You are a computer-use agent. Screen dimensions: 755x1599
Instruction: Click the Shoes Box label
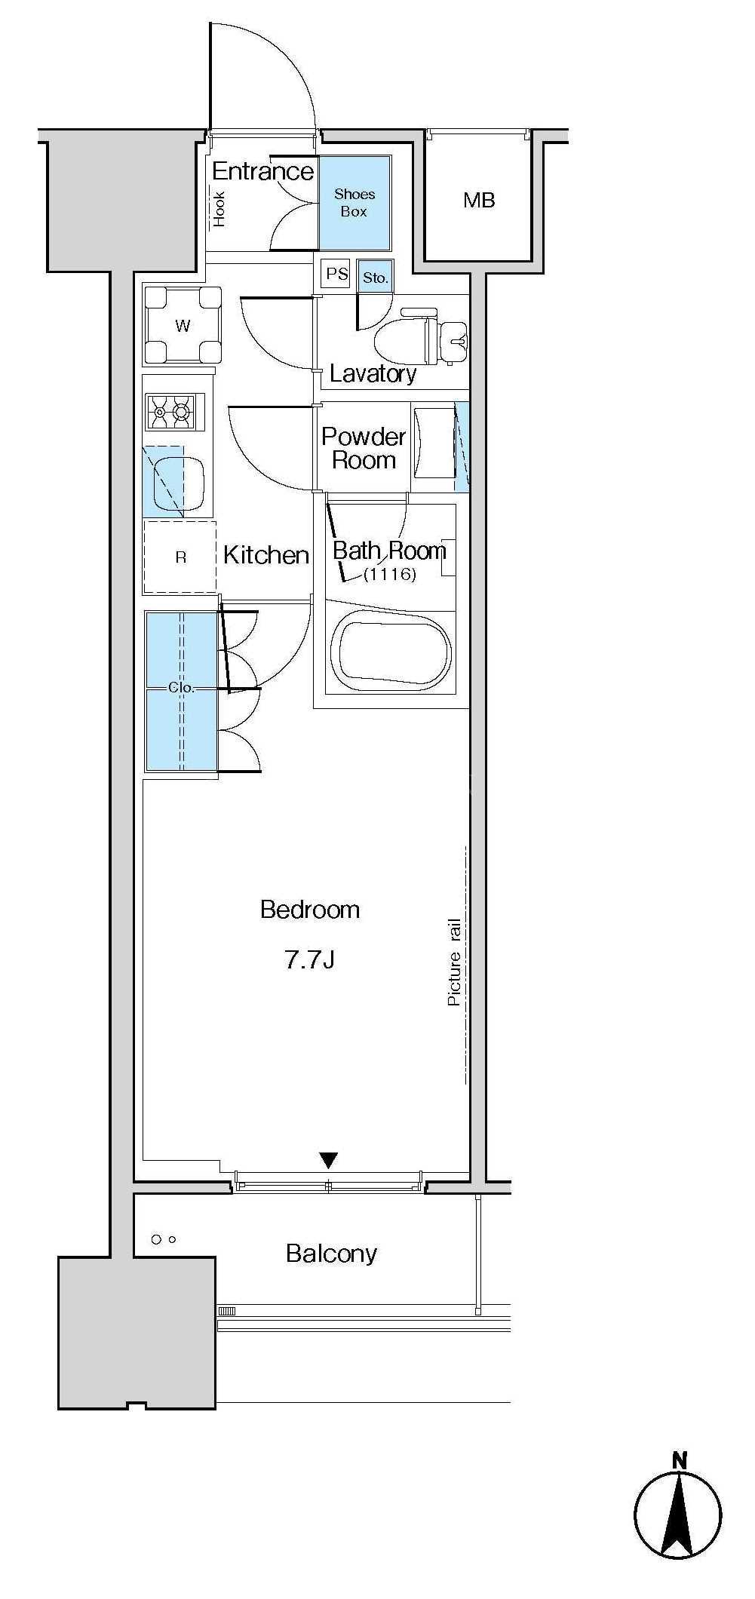tap(354, 203)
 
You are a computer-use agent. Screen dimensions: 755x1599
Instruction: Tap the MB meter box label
tap(479, 200)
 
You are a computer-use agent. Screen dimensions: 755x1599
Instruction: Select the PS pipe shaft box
tap(336, 273)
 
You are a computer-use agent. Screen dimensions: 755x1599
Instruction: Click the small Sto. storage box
tap(375, 277)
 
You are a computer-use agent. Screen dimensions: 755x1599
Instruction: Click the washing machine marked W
tap(183, 326)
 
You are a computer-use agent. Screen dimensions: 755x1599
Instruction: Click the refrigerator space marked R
tap(180, 557)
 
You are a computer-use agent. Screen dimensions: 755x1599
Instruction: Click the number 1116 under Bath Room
tap(389, 575)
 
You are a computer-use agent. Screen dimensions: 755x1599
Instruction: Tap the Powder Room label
tap(364, 448)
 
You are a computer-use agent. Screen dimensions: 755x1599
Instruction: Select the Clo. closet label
tap(182, 687)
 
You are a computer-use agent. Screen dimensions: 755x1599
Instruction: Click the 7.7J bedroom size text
tap(309, 959)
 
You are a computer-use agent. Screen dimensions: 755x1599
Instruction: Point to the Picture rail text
tap(454, 962)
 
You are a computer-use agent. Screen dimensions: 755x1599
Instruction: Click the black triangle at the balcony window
tap(328, 1160)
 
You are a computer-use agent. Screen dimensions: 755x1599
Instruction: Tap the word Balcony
tap(331, 1254)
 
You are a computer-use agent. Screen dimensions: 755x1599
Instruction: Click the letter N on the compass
tap(680, 1460)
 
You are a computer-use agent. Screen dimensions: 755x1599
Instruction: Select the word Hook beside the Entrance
tap(219, 209)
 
